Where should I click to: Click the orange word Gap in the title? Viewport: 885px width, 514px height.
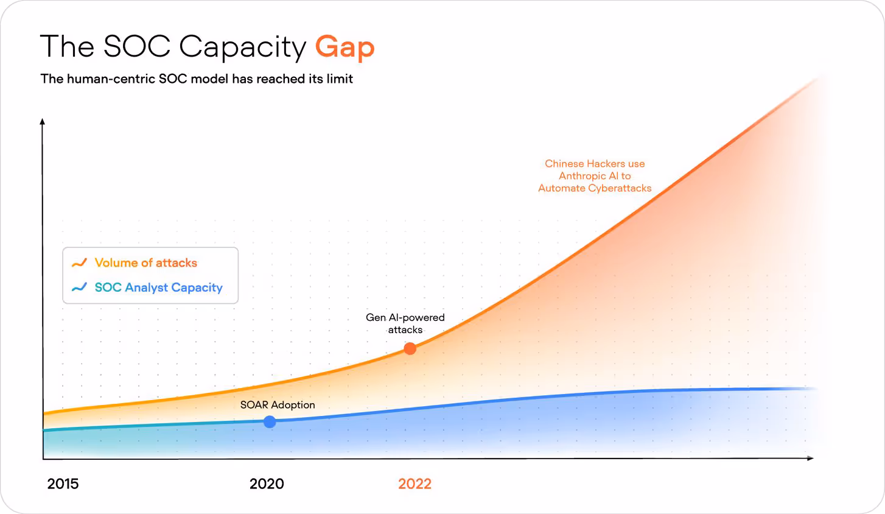pos(345,48)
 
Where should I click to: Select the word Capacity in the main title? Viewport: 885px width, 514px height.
pos(242,48)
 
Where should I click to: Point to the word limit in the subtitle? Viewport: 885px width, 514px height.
pos(340,79)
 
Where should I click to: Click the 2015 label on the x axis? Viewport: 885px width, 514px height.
pos(63,484)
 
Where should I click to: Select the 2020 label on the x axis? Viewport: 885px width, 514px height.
pos(267,484)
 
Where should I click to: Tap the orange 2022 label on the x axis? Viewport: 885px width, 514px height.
pos(415,484)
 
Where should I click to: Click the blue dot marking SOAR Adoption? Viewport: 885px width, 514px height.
pos(270,421)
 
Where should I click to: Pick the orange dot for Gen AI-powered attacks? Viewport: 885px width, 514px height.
pos(410,348)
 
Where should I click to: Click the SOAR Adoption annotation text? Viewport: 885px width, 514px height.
pos(278,405)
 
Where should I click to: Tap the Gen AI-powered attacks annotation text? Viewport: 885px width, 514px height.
pos(405,323)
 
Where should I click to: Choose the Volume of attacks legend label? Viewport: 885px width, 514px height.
pos(146,263)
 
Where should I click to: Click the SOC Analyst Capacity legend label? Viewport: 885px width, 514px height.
pos(159,287)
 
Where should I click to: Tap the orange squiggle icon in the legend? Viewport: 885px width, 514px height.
pos(79,263)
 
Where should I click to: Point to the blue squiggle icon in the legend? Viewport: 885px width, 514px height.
pos(79,287)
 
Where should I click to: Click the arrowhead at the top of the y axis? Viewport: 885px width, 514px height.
pos(43,122)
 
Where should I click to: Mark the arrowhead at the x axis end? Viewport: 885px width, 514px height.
pos(810,458)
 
